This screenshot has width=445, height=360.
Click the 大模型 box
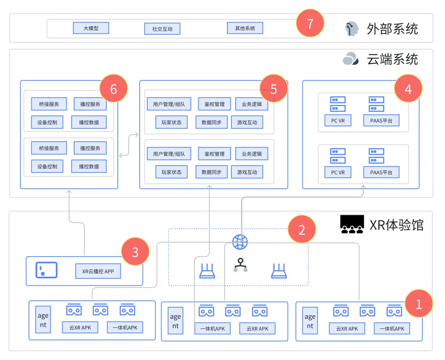[x=91, y=28]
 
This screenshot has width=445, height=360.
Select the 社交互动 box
[x=162, y=29]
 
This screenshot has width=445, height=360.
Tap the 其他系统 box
[x=245, y=28]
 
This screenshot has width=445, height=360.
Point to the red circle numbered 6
[x=114, y=88]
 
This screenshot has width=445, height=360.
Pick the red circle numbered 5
[x=274, y=89]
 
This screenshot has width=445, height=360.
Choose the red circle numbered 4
[x=408, y=89]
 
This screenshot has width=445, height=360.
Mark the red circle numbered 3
[x=135, y=252]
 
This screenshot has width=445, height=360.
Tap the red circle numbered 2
[x=302, y=229]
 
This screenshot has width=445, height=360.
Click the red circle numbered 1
[x=419, y=304]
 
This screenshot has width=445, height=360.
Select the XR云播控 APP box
[x=98, y=271]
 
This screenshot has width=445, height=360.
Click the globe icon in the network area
[x=240, y=242]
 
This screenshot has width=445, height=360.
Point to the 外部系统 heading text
[x=392, y=29]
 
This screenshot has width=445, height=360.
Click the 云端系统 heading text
[x=392, y=59]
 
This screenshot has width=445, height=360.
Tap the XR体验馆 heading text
[x=396, y=225]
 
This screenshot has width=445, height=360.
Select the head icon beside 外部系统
[x=352, y=29]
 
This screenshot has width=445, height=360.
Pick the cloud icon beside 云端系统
[x=351, y=59]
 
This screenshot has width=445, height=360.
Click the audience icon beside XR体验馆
[x=352, y=224]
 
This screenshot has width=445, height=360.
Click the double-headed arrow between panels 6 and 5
[x=129, y=144]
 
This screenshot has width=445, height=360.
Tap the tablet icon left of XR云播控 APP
[x=47, y=270]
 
